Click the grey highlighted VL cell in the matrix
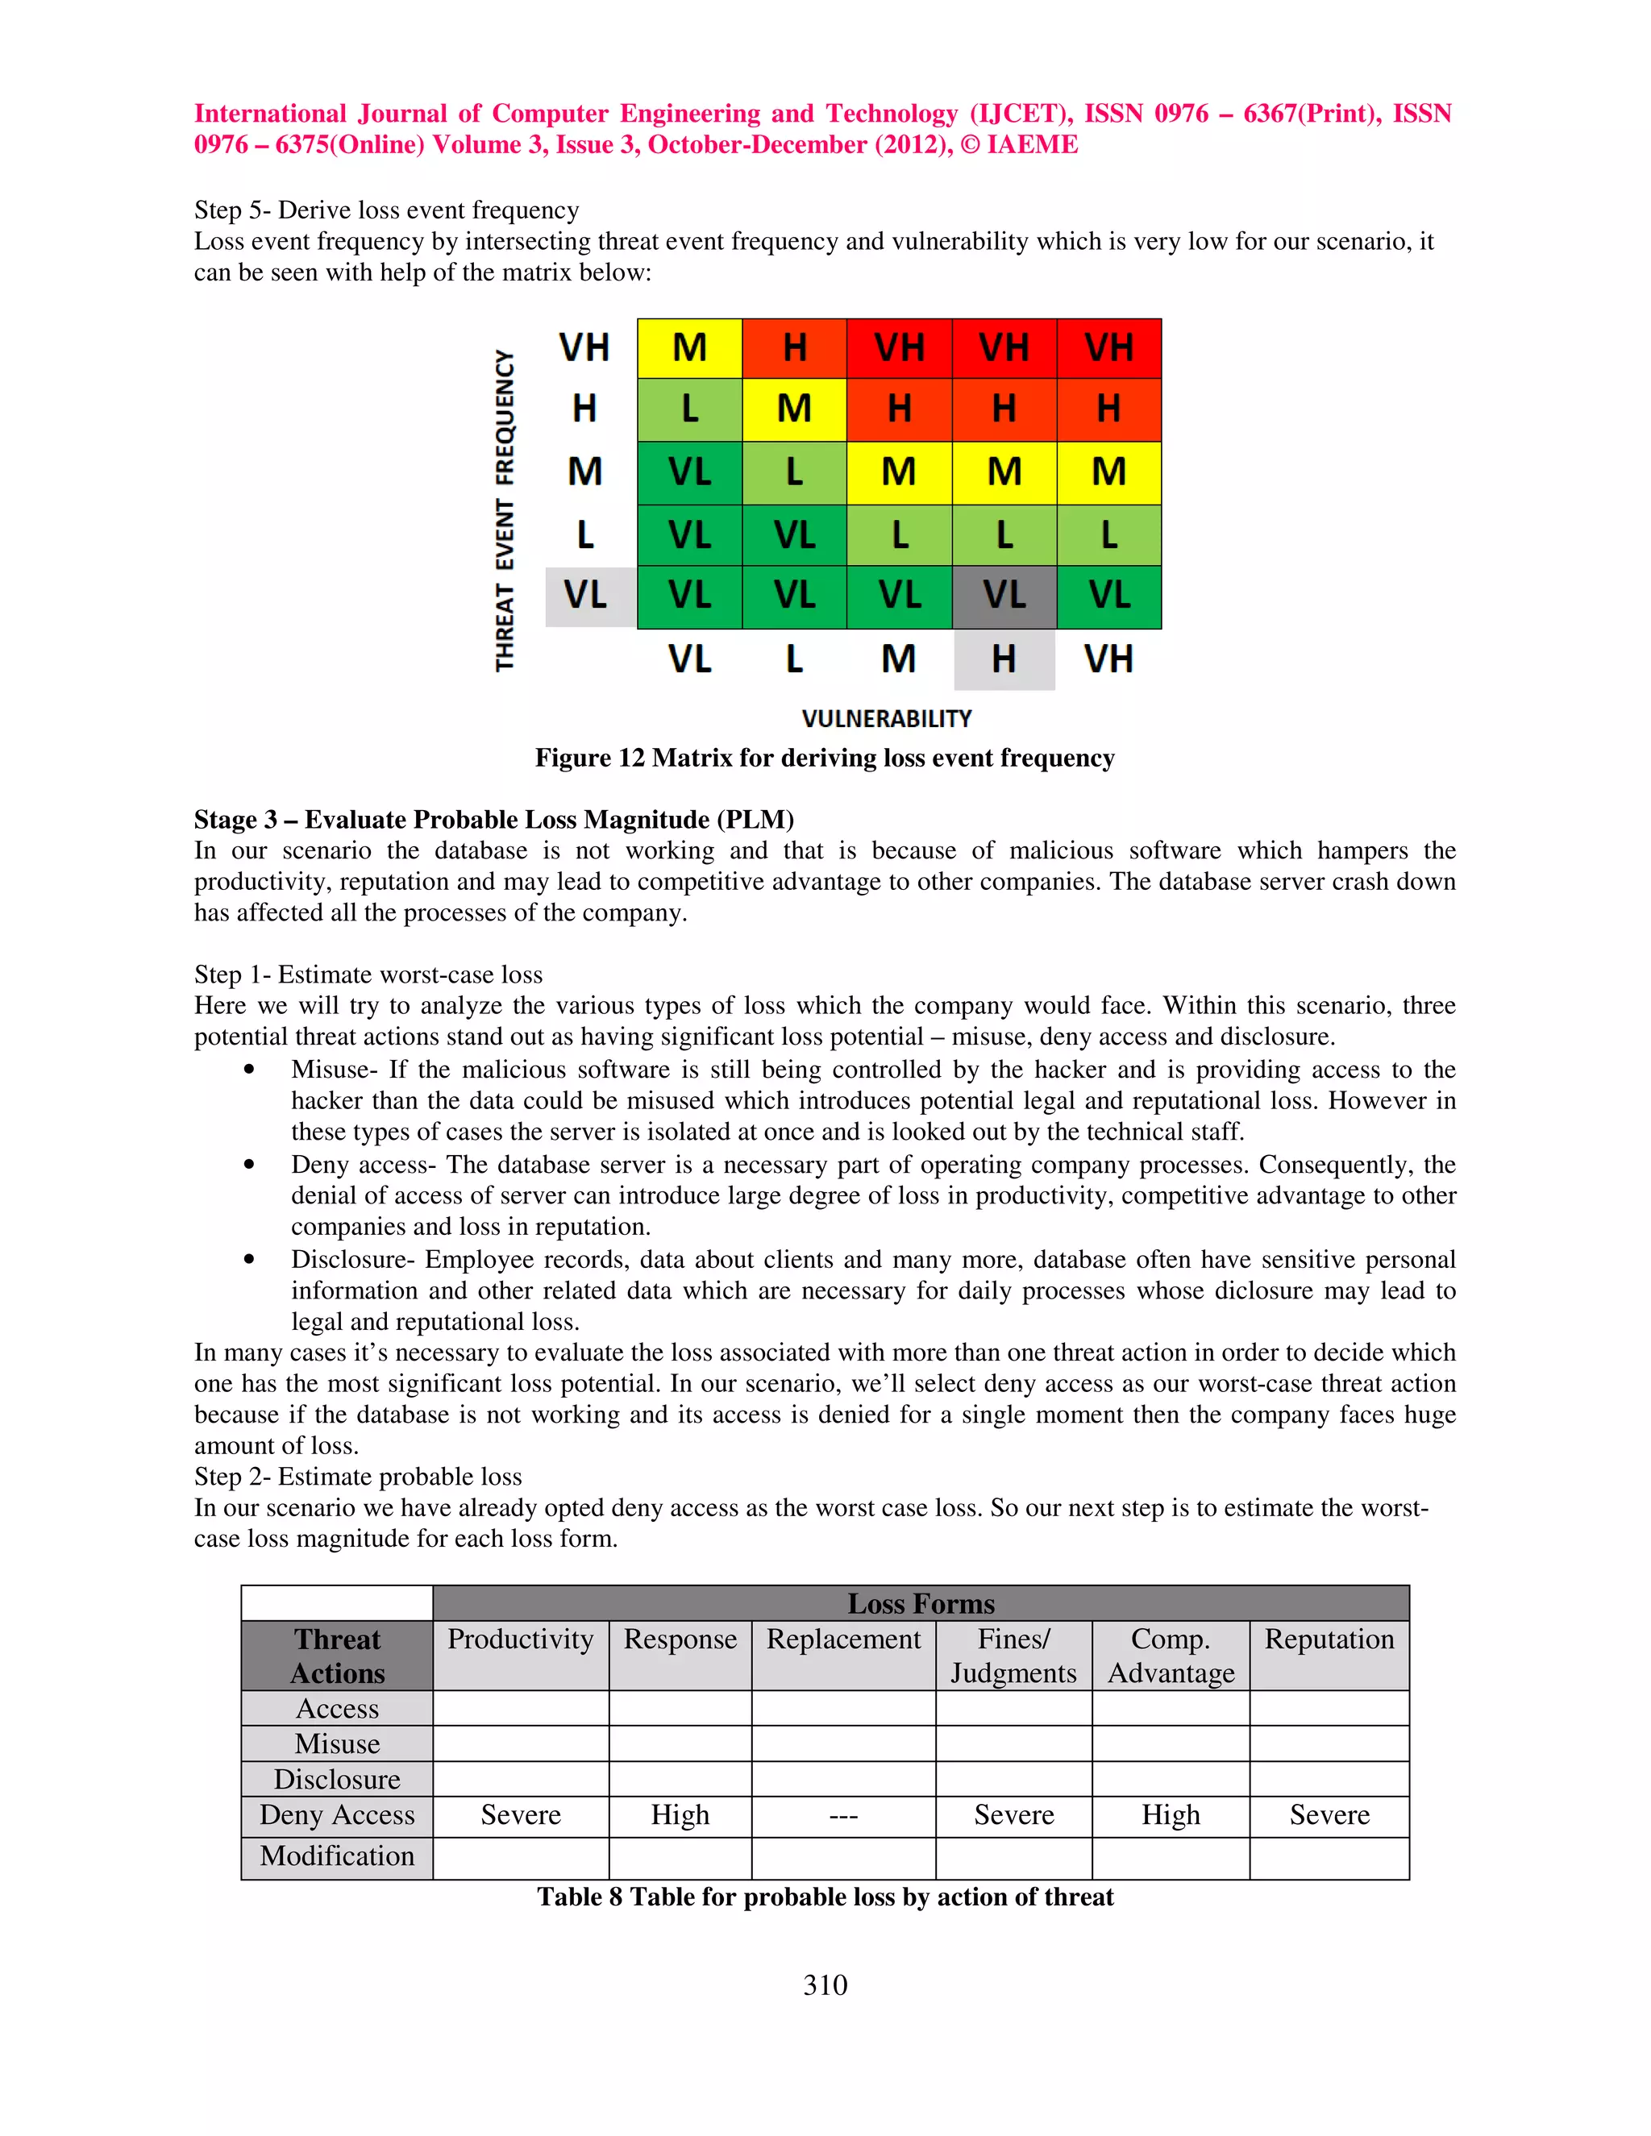pos(1004,596)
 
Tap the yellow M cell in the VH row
pos(689,348)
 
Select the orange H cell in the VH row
pos(794,348)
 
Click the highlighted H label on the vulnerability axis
pos(1004,659)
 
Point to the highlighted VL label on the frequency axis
pos(586,596)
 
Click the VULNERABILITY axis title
pos(886,719)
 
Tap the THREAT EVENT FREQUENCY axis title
pos(505,510)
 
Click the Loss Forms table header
pos(921,1604)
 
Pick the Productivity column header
pos(520,1640)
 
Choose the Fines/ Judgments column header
pos(1013,1656)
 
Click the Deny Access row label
pos(338,1815)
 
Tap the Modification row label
pos(338,1856)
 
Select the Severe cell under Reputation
pos(1329,1815)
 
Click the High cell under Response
pos(680,1815)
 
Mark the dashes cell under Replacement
pos(843,1816)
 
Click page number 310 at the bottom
pos(825,1985)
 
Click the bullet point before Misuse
pos(249,1070)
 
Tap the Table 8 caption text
pos(825,1897)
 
